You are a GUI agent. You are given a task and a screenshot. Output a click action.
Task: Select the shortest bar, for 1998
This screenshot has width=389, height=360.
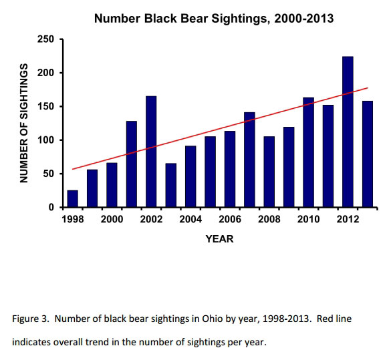[x=73, y=199]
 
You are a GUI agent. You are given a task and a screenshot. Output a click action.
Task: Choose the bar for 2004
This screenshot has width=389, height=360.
[x=190, y=177]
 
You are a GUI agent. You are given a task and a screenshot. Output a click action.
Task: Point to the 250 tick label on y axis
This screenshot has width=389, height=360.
[x=45, y=39]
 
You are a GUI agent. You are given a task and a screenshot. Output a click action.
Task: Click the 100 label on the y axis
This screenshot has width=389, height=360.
[x=45, y=140]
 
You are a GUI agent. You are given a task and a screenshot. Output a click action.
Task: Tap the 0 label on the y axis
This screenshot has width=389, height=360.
[x=51, y=207]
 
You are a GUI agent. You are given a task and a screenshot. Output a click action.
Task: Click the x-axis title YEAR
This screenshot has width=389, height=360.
[x=220, y=238]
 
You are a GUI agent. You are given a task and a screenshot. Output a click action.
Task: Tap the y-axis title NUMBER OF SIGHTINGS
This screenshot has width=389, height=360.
[x=24, y=123]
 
